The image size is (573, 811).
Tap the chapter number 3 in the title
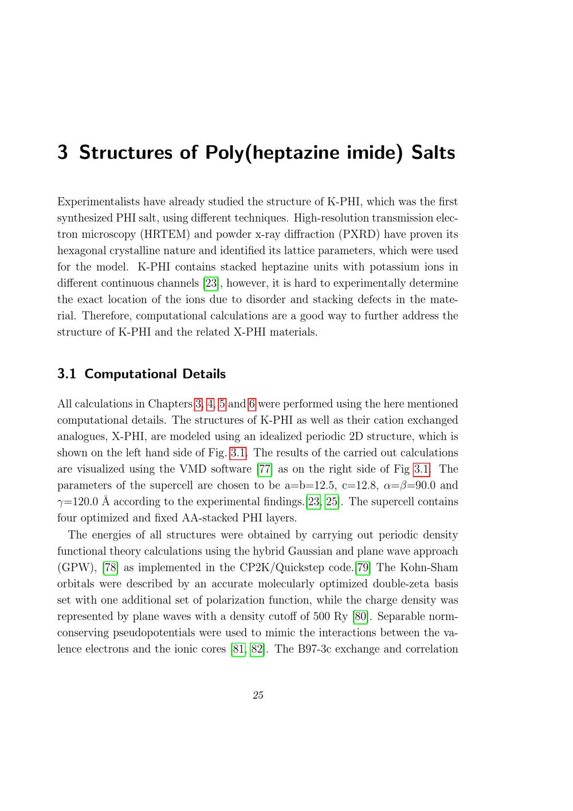point(63,153)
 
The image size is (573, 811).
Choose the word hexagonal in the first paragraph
point(83,251)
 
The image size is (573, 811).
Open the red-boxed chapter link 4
point(210,404)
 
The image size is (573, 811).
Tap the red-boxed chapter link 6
point(252,404)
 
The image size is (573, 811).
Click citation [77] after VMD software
point(265,469)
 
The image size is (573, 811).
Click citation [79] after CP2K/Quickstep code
point(363,568)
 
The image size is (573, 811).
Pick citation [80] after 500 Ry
point(360,617)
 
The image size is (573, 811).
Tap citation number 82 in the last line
point(257,649)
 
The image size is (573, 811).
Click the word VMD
point(189,469)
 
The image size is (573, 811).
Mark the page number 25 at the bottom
point(258,695)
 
